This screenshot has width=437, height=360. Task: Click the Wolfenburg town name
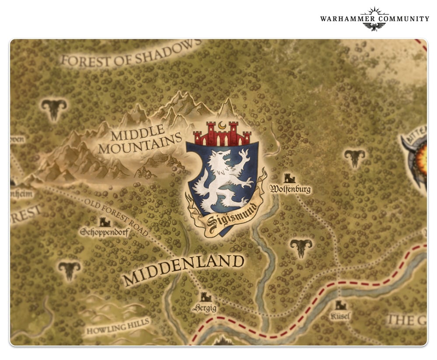(x=290, y=189)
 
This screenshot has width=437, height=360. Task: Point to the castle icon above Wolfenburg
(x=289, y=178)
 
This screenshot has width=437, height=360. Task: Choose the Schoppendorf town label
(x=104, y=232)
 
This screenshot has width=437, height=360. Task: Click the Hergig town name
(x=205, y=308)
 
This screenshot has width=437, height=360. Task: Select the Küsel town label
(x=341, y=316)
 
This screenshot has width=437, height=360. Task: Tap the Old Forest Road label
(x=116, y=217)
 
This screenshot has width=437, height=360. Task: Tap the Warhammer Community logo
(x=375, y=19)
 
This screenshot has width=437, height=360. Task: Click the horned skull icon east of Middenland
(x=301, y=248)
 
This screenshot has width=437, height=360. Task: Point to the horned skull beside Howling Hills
(x=69, y=270)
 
